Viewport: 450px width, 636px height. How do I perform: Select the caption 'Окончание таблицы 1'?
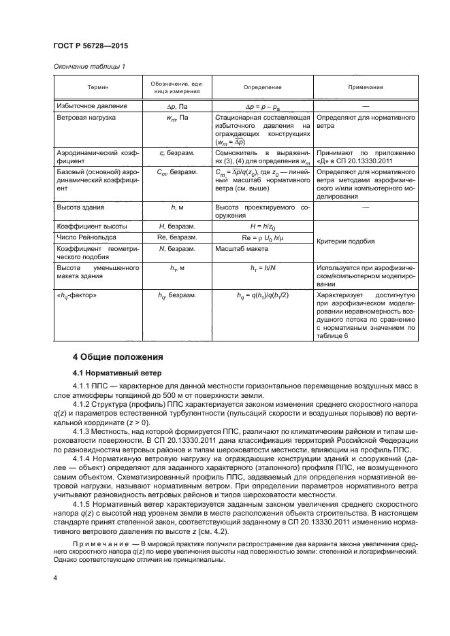click(84, 65)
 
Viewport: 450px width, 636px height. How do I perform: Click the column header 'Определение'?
click(261, 87)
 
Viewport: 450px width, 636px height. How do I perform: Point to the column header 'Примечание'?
click(366, 87)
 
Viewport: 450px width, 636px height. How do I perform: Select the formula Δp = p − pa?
click(261, 107)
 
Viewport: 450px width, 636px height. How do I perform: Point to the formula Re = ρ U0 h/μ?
click(261, 239)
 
